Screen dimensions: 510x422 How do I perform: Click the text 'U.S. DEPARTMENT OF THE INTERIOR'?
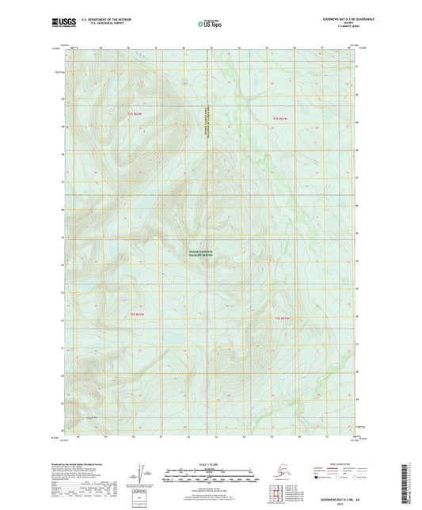point(98,18)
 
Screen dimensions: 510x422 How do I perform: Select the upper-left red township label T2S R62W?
point(138,115)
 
